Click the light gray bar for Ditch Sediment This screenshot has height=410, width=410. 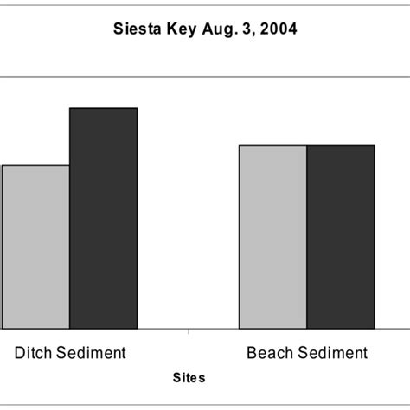[35, 247]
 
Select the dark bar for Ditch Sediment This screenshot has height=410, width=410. [103, 219]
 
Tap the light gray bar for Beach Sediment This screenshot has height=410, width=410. [272, 237]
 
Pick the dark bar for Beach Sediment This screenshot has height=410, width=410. [340, 237]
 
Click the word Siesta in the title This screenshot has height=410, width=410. [135, 29]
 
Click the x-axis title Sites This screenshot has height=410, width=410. [189, 378]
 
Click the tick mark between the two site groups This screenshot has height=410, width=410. [189, 331]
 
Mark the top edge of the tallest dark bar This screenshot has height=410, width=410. [103, 108]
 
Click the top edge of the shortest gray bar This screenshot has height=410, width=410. [35, 165]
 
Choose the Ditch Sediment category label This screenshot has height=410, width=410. [70, 353]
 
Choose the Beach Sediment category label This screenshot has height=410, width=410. [307, 353]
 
